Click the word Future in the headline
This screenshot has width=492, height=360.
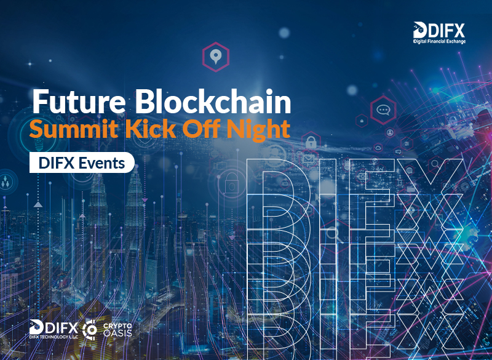click(x=79, y=102)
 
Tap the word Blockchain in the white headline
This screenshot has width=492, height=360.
click(x=213, y=101)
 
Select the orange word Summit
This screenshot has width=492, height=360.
click(x=74, y=129)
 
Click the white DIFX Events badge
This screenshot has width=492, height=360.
click(x=82, y=162)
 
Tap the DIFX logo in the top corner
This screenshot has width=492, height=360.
click(x=439, y=30)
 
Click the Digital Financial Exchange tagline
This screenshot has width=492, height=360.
click(x=439, y=41)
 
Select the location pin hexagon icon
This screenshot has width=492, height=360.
click(x=216, y=57)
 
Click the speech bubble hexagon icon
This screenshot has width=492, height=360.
click(x=383, y=110)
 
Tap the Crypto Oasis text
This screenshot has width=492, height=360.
click(x=117, y=330)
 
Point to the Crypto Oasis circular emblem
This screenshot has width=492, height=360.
click(x=90, y=330)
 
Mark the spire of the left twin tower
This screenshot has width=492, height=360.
click(x=98, y=177)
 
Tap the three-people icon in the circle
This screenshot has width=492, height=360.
click(x=6, y=182)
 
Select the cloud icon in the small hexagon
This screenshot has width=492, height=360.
click(x=378, y=147)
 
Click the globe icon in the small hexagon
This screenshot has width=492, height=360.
click(x=409, y=170)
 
